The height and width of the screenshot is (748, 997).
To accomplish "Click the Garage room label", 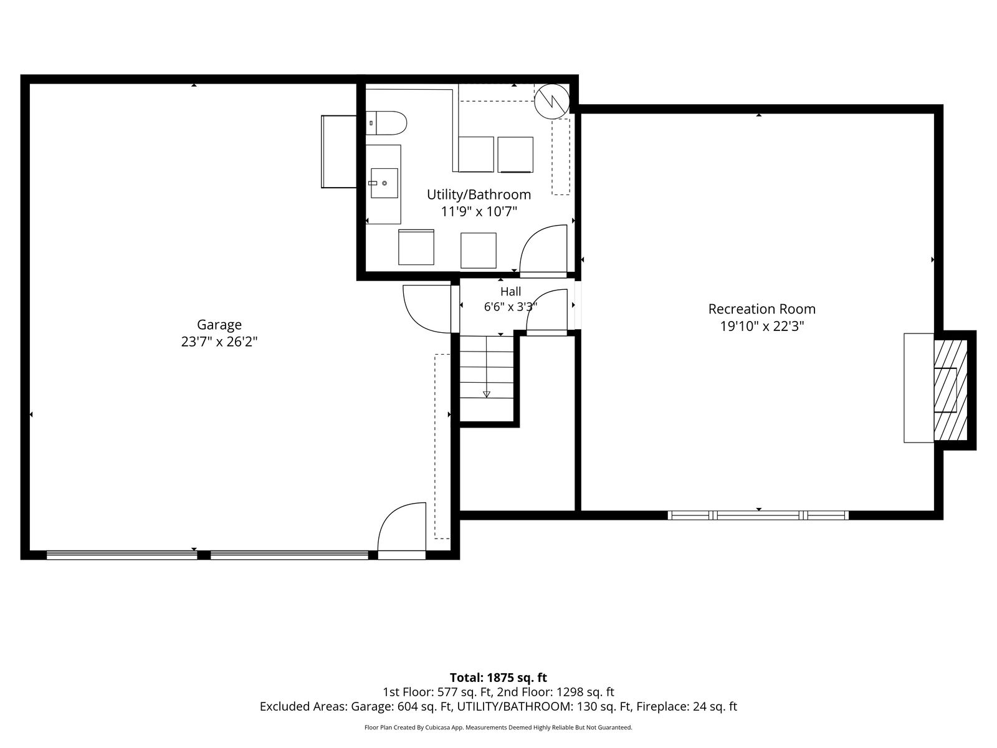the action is pyautogui.click(x=219, y=325).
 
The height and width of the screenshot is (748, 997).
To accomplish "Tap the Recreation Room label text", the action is pyautogui.click(x=761, y=309).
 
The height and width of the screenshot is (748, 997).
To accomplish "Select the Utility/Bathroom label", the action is pyautogui.click(x=479, y=194).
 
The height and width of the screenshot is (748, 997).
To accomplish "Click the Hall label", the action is pyautogui.click(x=510, y=291).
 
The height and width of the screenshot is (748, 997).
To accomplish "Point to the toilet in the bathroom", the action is pyautogui.click(x=386, y=123).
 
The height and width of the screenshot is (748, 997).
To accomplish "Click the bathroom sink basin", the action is pyautogui.click(x=384, y=183).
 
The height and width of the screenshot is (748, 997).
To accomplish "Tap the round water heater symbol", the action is pyautogui.click(x=551, y=101).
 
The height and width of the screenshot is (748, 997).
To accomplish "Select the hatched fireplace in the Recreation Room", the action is pyautogui.click(x=950, y=390).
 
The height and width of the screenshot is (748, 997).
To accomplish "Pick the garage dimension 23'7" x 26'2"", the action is pyautogui.click(x=219, y=342).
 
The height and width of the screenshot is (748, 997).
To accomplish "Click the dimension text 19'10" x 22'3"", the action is pyautogui.click(x=761, y=326).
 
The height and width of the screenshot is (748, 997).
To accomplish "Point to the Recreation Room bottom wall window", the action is pyautogui.click(x=758, y=515).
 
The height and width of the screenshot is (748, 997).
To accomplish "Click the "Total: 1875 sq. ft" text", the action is pyautogui.click(x=499, y=678).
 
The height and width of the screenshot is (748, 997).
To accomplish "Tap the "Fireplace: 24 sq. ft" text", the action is pyautogui.click(x=687, y=706).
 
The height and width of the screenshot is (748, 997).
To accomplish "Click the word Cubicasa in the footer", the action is pyautogui.click(x=438, y=727).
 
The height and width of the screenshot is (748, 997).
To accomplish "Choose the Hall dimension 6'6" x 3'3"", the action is pyautogui.click(x=510, y=307).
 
